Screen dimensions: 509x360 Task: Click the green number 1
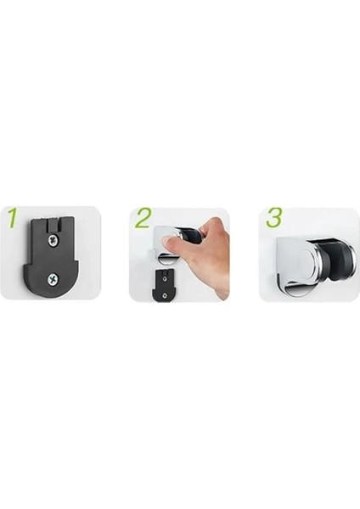click(12, 219)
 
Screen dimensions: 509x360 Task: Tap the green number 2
click(142, 218)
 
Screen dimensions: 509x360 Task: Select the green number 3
click(273, 218)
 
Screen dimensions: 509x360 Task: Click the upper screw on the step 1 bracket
click(53, 241)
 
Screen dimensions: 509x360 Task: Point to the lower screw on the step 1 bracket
click(55, 276)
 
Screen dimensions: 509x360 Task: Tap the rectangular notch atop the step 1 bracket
click(52, 222)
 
